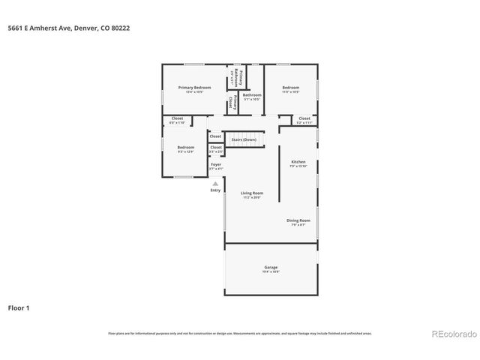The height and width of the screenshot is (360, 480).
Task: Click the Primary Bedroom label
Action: tap(194, 88)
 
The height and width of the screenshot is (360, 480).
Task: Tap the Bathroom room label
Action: tap(252, 95)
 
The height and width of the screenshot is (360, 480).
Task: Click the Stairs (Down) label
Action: tap(244, 139)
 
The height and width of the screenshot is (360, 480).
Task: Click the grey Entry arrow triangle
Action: tap(215, 183)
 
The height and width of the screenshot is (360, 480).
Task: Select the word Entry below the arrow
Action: tap(215, 190)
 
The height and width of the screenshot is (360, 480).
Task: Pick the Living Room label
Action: tap(251, 193)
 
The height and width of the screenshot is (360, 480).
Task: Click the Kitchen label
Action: tap(298, 162)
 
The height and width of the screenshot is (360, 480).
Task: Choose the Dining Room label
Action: tap(298, 220)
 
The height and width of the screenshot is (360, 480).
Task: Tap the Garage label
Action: tap(271, 267)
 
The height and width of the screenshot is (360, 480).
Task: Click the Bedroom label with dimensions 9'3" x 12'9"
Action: tap(186, 148)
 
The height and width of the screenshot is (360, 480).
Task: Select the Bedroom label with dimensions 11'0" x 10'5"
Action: tap(291, 88)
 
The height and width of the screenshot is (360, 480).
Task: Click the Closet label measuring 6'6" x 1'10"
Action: tap(178, 118)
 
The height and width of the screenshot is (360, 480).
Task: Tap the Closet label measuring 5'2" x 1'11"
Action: tap(304, 118)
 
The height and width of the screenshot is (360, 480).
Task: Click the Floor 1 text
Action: tap(19, 307)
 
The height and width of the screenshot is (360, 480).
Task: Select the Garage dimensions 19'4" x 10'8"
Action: tap(271, 272)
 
